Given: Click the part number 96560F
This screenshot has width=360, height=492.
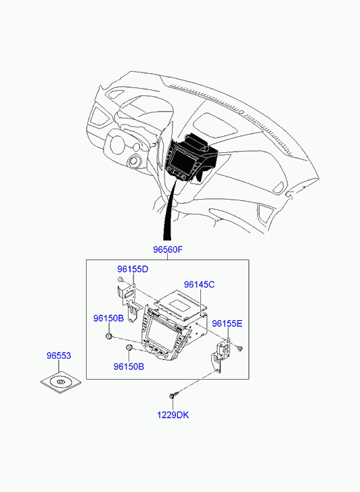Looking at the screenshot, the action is [168, 250].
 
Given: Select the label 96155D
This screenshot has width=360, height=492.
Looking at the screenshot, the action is [133, 269].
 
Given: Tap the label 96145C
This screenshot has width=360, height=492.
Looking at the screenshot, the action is [200, 285].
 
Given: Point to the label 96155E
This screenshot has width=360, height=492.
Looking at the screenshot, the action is [227, 323].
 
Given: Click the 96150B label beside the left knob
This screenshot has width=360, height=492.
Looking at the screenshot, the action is [108, 319].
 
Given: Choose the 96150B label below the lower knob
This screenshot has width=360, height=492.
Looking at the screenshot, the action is [129, 367].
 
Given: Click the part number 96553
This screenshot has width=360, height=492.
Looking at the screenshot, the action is [59, 356].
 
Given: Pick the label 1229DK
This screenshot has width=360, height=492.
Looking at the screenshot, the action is [173, 415].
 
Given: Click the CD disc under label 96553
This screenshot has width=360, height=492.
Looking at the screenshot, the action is [61, 382].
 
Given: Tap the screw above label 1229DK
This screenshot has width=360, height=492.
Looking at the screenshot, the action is [173, 394].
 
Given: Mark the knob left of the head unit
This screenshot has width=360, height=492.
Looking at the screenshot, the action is [108, 336].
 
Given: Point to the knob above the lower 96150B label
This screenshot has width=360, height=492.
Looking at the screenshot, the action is [129, 348].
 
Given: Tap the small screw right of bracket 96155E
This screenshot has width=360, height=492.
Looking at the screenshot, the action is [240, 348].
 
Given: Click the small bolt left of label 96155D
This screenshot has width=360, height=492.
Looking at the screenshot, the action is [120, 279].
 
